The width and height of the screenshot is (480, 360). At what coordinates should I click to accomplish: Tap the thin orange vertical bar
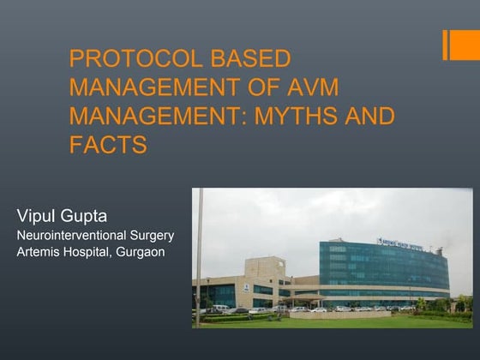click(446, 45)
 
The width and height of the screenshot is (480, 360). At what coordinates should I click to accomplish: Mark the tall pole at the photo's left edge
click(199, 257)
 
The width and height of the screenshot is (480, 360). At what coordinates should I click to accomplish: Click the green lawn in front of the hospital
click(343, 321)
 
